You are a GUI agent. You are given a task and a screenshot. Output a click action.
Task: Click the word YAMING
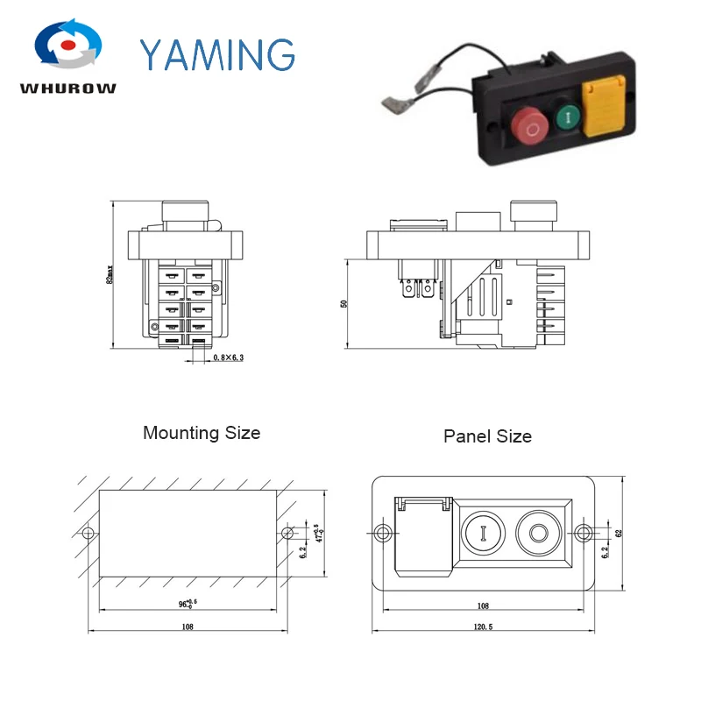pos(216,54)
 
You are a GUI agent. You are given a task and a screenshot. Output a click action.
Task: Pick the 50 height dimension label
pos(344,303)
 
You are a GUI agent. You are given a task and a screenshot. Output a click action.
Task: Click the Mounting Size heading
pos(202,433)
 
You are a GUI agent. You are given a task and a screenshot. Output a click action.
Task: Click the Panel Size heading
pos(487,435)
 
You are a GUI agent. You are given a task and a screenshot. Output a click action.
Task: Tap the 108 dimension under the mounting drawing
pos(188,627)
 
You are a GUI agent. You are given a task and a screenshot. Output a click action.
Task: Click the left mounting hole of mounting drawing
pos(87,533)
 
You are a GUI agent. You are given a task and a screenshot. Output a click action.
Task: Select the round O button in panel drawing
pos(536,531)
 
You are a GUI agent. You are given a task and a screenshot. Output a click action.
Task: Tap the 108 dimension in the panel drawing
pos(485,605)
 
